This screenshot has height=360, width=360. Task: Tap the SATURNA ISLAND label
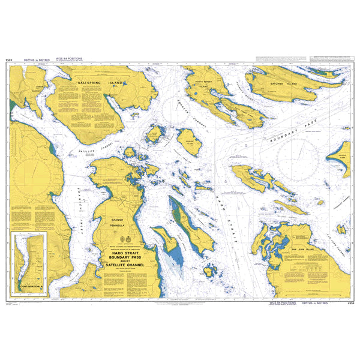click(x=284, y=84)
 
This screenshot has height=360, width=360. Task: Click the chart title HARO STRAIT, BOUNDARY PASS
click(x=127, y=257)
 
